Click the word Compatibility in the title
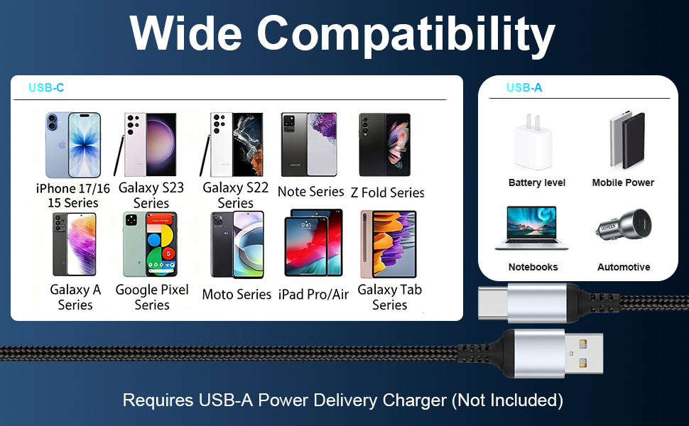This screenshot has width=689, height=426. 406,33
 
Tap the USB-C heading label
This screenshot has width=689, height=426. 46,88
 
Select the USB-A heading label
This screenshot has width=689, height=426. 524,88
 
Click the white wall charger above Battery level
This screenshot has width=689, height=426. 533,141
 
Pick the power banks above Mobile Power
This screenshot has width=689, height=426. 626,141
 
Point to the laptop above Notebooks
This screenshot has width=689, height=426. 532,227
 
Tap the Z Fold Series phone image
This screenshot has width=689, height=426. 384,144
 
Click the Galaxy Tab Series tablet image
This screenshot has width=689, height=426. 389,244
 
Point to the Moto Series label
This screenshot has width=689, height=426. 237,295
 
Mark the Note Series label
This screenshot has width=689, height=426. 310,192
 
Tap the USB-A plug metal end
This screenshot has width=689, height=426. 583,353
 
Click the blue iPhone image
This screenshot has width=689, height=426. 73,145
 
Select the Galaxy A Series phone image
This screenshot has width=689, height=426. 74,244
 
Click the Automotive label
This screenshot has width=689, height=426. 624,267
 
